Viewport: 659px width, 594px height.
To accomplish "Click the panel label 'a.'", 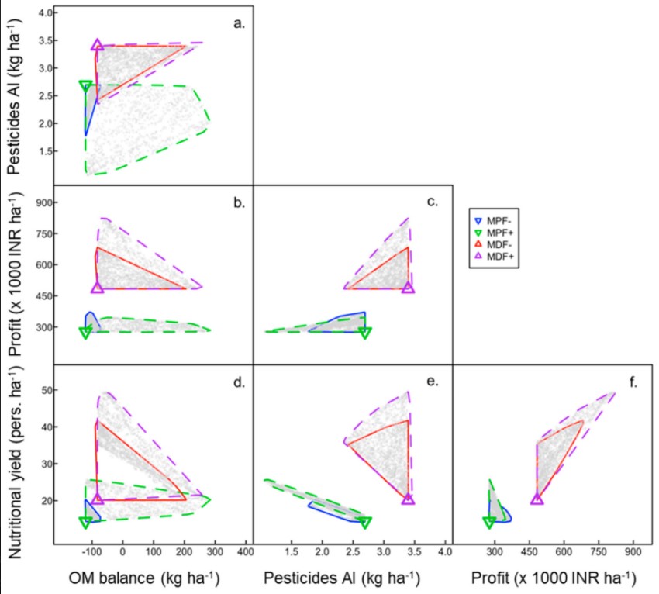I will (239, 23).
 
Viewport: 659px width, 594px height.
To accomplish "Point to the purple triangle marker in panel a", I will (97, 45).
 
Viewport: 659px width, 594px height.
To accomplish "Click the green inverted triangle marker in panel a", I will (86, 86).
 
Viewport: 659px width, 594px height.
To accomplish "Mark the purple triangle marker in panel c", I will (409, 288).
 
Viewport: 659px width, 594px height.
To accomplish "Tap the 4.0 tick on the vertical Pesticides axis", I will (43, 14).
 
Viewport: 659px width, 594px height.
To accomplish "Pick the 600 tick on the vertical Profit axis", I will (40, 264).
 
